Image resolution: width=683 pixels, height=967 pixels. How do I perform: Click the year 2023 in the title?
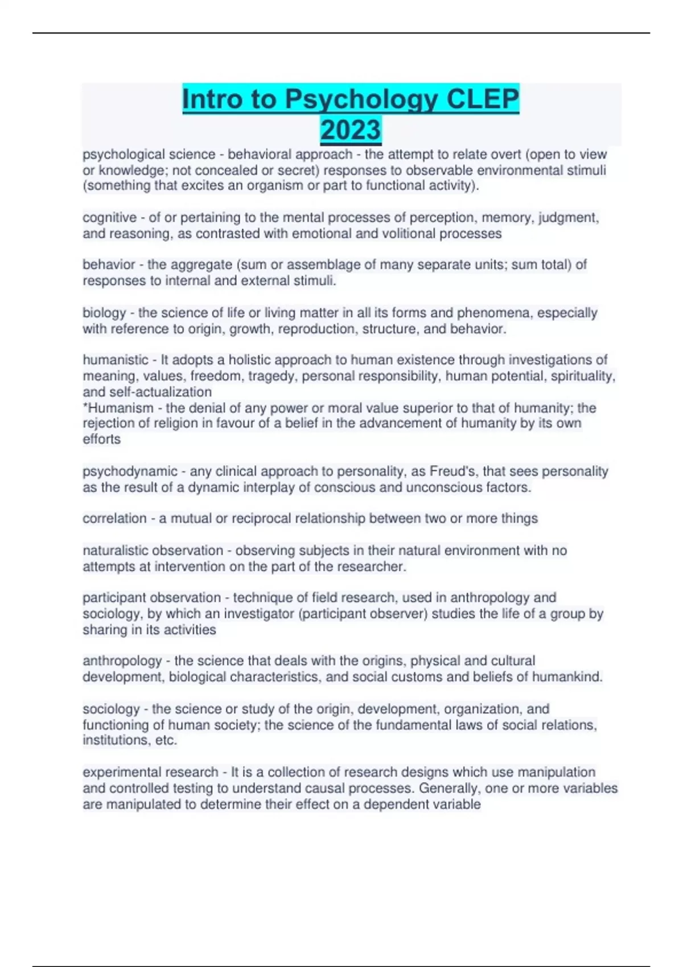coord(351,130)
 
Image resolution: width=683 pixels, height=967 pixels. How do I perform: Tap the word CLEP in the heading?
coord(483,99)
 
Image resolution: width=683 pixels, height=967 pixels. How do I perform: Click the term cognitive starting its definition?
coord(109,218)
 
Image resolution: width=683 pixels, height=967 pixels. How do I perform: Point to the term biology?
coord(104,313)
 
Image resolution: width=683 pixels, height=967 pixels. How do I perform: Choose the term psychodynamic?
coord(130,472)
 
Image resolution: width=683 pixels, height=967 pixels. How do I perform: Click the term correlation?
coord(114,519)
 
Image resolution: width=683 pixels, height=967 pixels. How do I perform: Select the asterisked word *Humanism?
coord(118,408)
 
